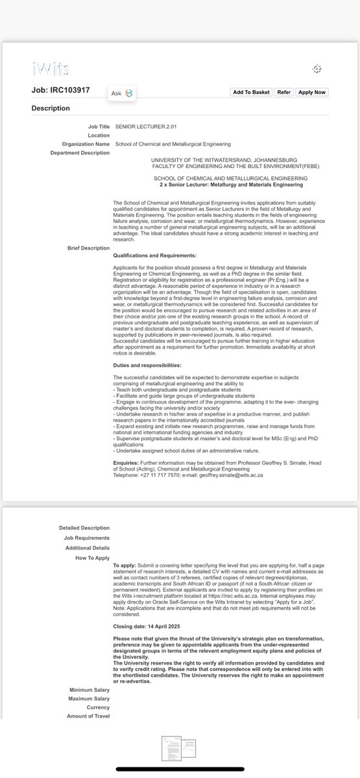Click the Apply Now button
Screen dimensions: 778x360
311,92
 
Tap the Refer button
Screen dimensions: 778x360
284,92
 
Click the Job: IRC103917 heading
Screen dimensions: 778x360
61,91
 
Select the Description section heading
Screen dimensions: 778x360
51,108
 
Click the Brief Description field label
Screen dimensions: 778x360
89,248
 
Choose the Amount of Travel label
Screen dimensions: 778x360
88,716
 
